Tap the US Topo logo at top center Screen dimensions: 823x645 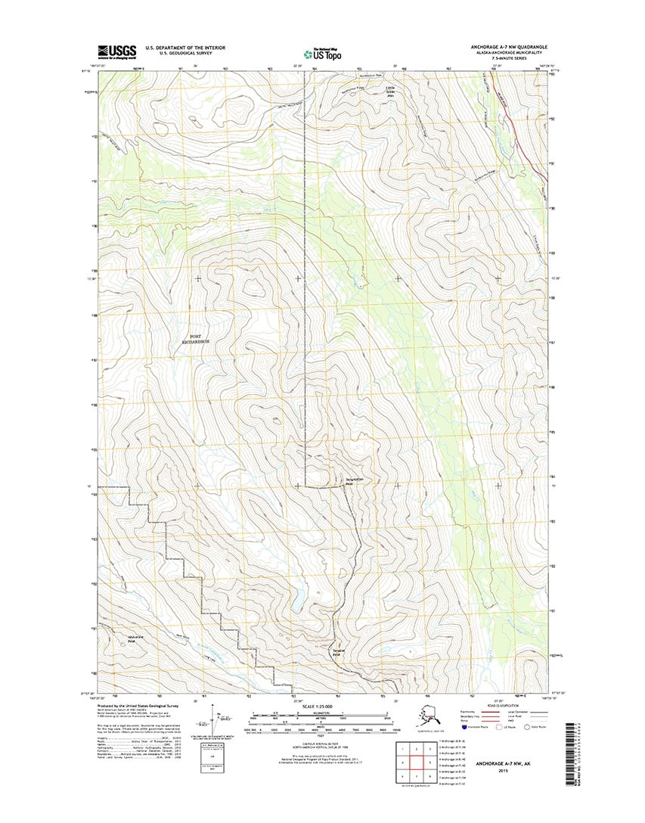pos(321,53)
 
